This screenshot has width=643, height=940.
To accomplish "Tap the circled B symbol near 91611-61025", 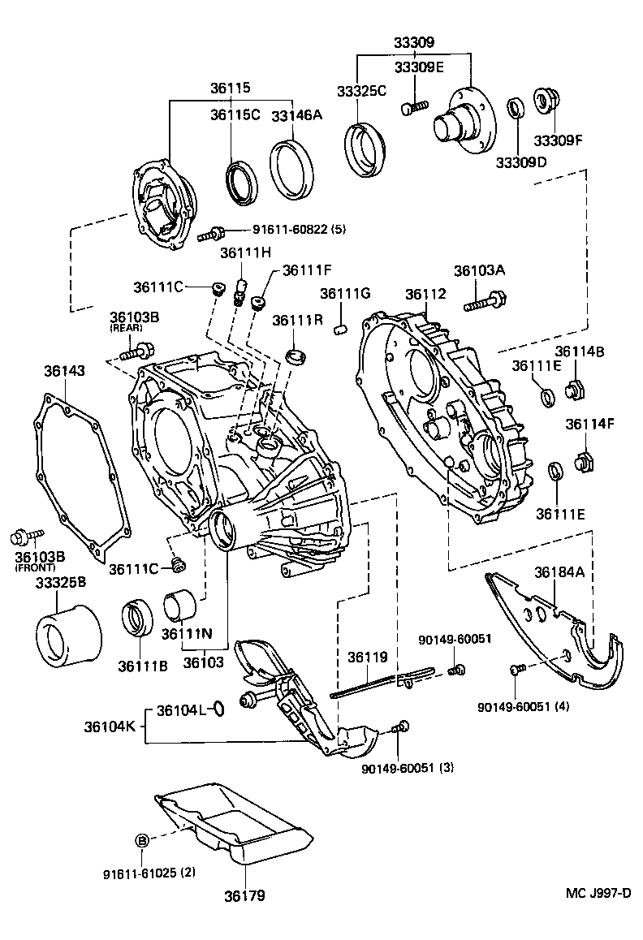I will coord(140,840).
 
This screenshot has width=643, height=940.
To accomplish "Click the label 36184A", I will coord(558,573).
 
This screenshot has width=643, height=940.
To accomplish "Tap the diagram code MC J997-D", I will coord(598,894).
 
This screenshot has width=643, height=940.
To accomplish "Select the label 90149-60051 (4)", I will coord(524,705).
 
